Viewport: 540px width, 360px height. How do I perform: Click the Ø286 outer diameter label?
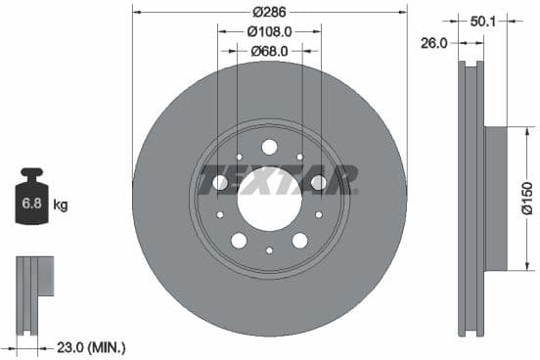[269, 13]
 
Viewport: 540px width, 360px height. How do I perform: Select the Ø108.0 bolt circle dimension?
[269, 31]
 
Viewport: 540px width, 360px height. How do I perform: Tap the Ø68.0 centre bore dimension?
[269, 50]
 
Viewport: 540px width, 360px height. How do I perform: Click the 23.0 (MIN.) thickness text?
[91, 346]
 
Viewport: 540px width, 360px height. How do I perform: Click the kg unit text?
[61, 204]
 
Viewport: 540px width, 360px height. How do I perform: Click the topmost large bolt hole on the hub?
[269, 147]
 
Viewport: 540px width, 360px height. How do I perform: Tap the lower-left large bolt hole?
[240, 241]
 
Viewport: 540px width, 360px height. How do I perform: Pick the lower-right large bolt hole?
[299, 241]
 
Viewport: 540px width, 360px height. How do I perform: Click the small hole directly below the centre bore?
[269, 250]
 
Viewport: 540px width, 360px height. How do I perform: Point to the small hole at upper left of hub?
[240, 157]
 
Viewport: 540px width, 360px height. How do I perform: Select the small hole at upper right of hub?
[298, 157]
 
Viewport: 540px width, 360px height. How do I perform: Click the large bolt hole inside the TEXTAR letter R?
[318, 182]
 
